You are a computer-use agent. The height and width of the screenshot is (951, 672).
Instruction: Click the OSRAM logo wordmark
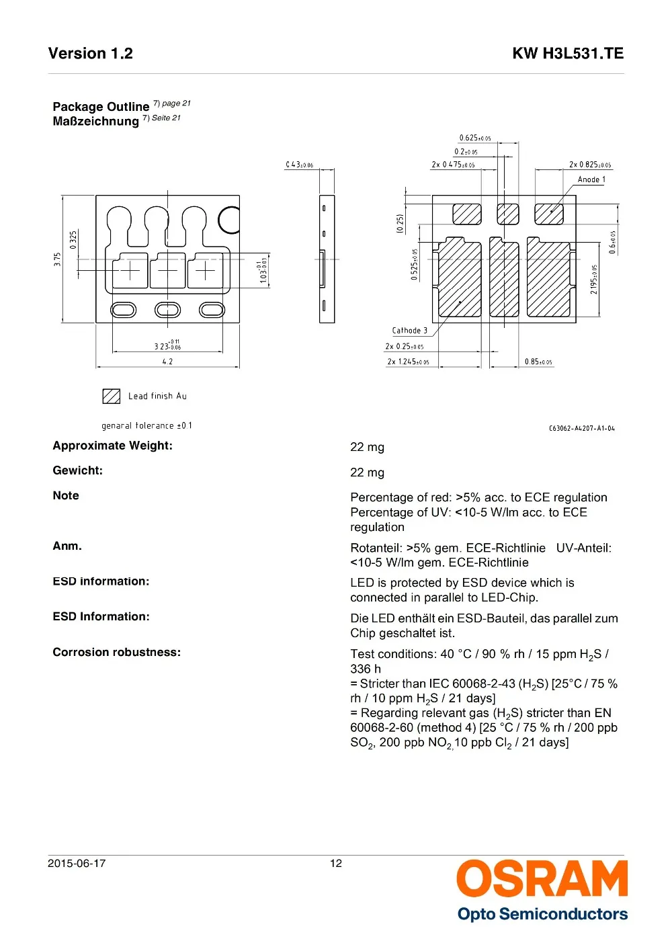pos(542,879)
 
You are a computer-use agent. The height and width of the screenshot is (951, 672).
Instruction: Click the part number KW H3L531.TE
pos(567,54)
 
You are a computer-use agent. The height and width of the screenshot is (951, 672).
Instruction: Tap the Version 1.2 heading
pos(91,54)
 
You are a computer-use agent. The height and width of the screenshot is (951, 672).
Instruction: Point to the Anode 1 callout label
pos(591,179)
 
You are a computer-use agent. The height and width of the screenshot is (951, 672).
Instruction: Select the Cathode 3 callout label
pos(409,331)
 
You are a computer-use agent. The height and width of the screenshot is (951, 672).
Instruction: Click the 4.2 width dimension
pos(167,362)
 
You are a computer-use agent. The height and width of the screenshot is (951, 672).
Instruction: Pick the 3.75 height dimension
pos(58,259)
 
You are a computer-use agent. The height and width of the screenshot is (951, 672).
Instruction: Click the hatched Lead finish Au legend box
pos(111,396)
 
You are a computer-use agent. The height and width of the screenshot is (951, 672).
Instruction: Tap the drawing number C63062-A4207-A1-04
pos(581,428)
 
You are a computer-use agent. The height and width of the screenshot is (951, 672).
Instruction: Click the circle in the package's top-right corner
pos(229,219)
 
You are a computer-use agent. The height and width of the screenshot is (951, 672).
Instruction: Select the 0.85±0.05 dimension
pos(538,362)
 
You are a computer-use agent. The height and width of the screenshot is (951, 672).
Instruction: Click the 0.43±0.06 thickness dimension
pos(300,165)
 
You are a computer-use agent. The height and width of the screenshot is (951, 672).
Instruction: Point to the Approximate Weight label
pos(112,446)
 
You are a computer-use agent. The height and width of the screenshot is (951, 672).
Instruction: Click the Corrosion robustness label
pos(116,652)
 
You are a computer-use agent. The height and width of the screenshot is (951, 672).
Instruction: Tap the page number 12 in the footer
pos(336,864)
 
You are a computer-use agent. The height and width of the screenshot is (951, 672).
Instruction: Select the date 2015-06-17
pos(77,864)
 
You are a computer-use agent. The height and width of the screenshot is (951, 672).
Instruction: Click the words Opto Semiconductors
pos(542,914)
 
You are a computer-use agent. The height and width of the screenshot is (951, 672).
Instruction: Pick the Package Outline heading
pos(101,107)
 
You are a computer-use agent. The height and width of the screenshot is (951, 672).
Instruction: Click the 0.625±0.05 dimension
pos(475,138)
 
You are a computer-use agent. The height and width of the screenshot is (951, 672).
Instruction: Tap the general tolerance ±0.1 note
pos(146,425)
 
